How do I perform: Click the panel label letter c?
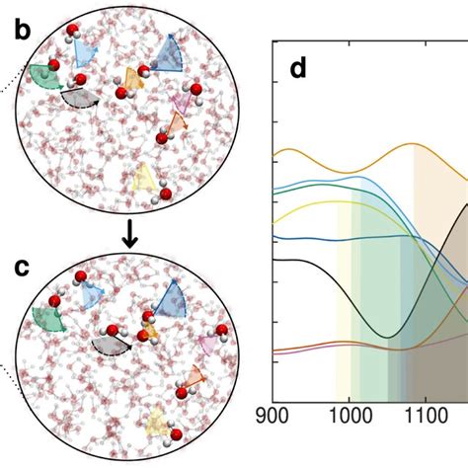coord(22,268)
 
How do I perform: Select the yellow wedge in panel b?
coord(144,177)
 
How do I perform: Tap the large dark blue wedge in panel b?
coord(170,56)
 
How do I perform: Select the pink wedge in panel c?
coord(208,343)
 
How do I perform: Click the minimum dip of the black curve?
coord(388,337)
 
